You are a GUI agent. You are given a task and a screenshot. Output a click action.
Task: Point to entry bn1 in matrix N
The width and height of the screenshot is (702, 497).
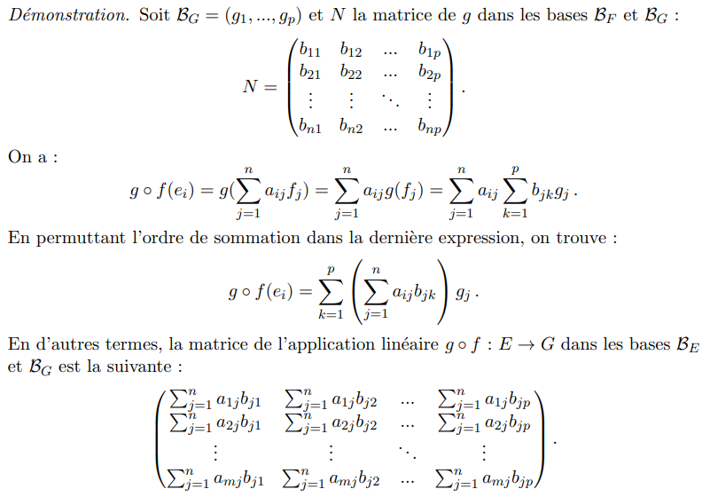pos(310,127)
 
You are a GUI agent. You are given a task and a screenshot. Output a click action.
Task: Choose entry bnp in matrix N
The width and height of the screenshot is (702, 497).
pos(431,127)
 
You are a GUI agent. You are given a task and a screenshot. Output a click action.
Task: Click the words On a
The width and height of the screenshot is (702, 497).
pos(32,157)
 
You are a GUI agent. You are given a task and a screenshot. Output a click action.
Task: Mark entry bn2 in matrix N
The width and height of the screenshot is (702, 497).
pos(350,127)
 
